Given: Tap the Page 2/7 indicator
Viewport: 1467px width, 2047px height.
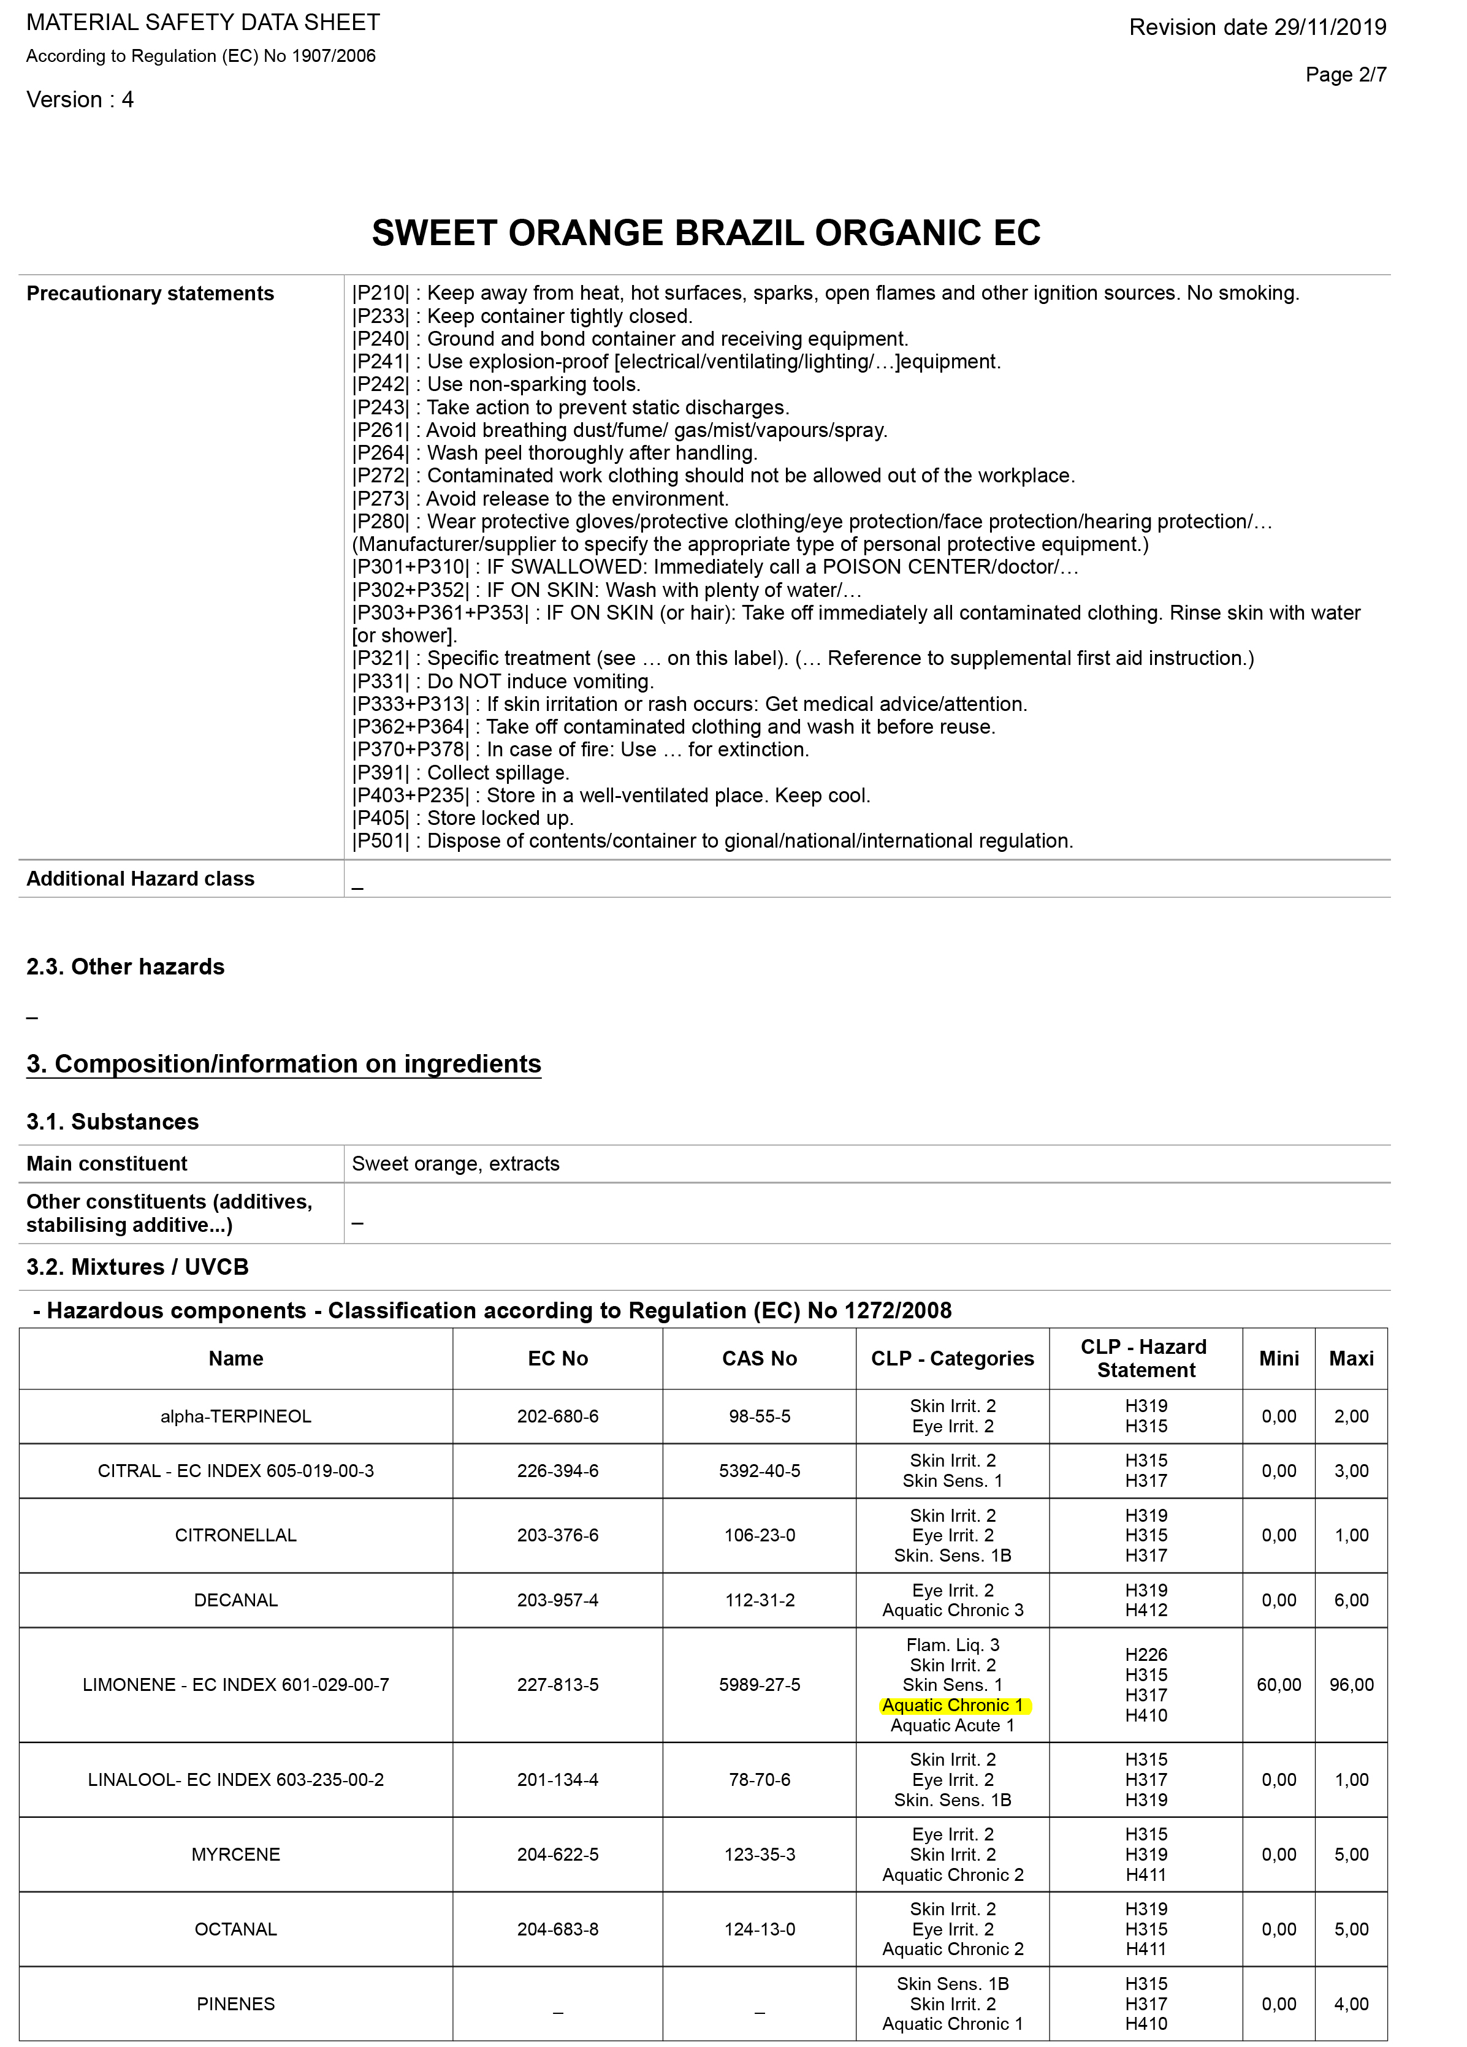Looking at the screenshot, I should click(x=1345, y=74).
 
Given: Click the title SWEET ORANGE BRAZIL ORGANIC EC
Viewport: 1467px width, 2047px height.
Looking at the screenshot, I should click(x=706, y=233).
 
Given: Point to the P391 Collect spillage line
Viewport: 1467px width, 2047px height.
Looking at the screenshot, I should click(x=460, y=773).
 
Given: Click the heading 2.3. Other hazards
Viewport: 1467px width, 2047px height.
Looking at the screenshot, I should click(x=126, y=967).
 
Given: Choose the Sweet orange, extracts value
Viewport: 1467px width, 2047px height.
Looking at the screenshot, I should click(x=455, y=1163).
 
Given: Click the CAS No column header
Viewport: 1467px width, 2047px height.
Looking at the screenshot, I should click(x=759, y=1358).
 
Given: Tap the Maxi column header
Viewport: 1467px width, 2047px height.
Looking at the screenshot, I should click(x=1351, y=1358).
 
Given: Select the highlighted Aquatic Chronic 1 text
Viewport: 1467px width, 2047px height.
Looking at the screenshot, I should click(x=953, y=1705).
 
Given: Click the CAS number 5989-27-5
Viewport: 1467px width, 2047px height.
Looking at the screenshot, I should click(x=759, y=1684).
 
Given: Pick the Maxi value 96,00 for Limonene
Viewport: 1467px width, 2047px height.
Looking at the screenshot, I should click(x=1351, y=1684).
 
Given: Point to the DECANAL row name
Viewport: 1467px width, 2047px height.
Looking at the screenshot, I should click(x=235, y=1600).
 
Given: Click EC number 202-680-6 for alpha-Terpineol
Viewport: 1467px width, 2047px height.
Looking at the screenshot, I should click(x=557, y=1416).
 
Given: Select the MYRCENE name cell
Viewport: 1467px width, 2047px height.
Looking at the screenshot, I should click(x=235, y=1854).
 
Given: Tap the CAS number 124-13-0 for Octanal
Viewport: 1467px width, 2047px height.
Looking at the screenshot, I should click(x=759, y=1929).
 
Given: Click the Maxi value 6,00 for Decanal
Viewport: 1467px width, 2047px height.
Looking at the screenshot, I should click(x=1351, y=1600).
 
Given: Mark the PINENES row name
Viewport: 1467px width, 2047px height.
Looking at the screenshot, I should click(x=235, y=2003).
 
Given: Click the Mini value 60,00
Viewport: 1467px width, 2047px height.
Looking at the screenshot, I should click(x=1278, y=1684).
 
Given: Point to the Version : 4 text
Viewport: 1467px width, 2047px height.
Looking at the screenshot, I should click(x=80, y=99).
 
